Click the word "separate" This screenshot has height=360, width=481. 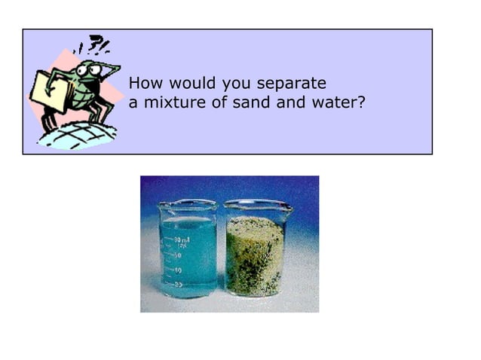pyautogui.click(x=292, y=84)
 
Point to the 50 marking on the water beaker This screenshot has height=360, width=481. pyautogui.click(x=178, y=255)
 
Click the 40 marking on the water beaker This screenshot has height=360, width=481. pyautogui.click(x=178, y=270)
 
